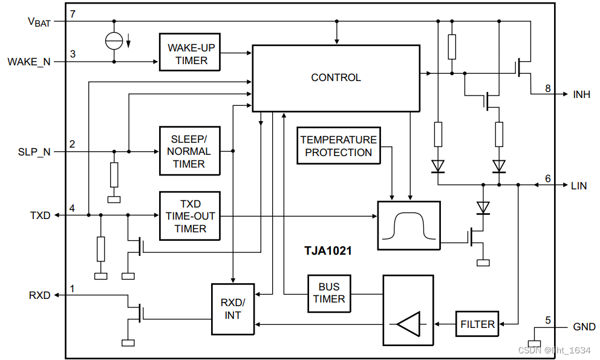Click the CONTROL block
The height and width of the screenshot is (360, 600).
(x=336, y=78)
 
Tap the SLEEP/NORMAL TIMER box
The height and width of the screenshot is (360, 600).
(x=189, y=151)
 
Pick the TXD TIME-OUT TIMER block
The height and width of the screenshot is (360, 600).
(x=190, y=216)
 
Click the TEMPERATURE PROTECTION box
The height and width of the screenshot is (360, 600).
(x=339, y=146)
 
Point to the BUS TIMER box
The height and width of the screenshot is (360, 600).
(x=329, y=293)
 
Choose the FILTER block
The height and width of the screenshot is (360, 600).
(x=477, y=324)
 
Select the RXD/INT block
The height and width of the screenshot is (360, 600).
(x=233, y=309)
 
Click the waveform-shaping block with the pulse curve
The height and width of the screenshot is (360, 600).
(x=409, y=225)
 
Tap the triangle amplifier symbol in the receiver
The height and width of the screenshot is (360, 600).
(x=409, y=324)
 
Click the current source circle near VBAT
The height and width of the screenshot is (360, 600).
(x=114, y=41)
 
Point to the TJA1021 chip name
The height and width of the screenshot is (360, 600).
(x=328, y=250)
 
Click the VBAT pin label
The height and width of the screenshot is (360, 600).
(x=39, y=22)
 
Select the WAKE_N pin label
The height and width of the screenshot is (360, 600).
(x=29, y=62)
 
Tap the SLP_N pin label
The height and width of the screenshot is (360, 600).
(x=34, y=152)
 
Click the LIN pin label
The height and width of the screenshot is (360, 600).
(x=579, y=186)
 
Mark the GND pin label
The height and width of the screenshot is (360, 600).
(x=584, y=327)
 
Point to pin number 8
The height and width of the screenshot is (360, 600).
(x=548, y=88)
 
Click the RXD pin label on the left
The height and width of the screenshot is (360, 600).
(x=40, y=296)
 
